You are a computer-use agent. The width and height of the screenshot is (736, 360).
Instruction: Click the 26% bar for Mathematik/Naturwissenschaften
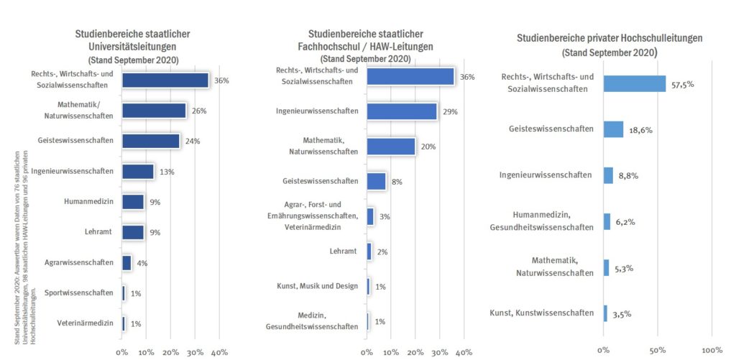coord(154,110)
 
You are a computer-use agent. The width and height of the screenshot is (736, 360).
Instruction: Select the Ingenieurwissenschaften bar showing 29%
coord(402,111)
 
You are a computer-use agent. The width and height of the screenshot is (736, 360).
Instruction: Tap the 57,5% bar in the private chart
coord(635,84)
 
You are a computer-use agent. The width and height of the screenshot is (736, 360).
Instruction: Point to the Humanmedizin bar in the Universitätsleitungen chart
coord(133,202)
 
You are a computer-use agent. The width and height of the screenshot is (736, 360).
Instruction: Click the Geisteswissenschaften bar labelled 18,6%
coord(613,129)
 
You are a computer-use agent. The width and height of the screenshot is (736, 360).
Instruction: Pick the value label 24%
coord(193,141)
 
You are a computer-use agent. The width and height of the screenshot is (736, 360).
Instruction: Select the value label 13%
coord(167,172)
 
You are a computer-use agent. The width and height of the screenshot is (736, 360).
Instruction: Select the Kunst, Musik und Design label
coord(317,286)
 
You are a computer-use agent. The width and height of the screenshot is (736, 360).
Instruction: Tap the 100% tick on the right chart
coord(712,350)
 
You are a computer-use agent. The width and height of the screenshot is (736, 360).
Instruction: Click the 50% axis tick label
coord(658,350)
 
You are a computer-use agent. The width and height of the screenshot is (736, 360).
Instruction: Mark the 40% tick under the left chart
coord(219,352)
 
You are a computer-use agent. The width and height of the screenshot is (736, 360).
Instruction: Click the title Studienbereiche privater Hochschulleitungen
coord(609,38)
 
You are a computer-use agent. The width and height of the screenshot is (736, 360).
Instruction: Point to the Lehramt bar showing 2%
coord(369,251)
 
